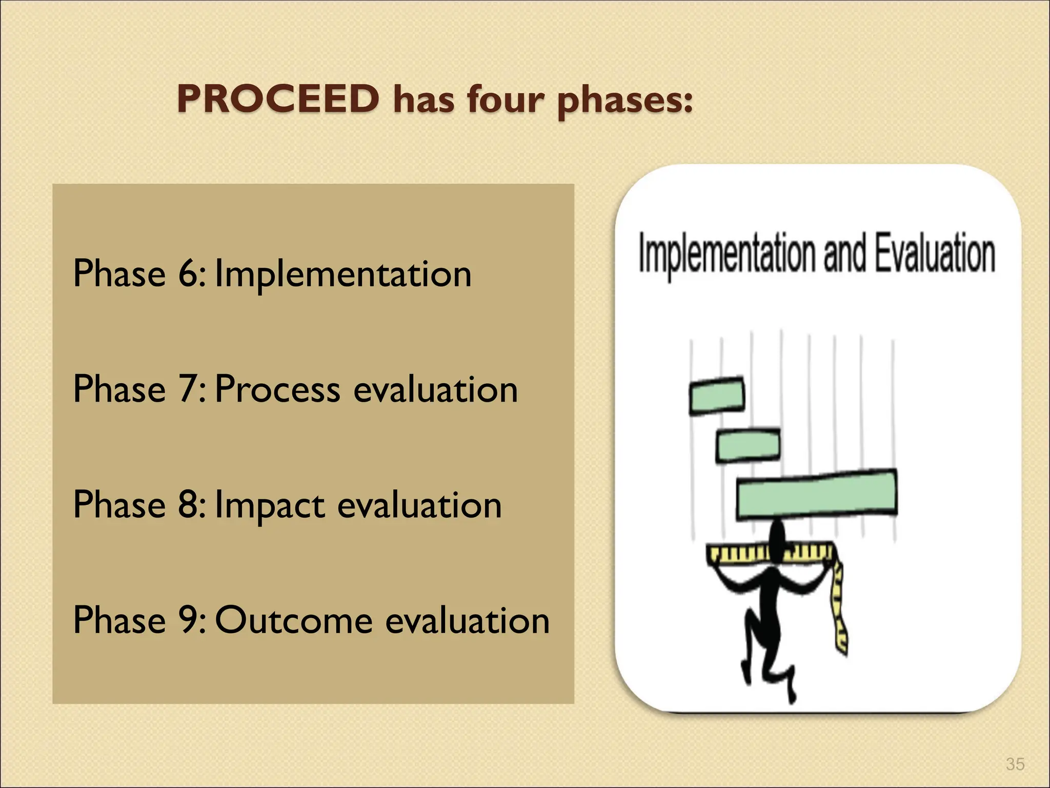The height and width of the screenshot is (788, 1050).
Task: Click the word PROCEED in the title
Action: point(278,98)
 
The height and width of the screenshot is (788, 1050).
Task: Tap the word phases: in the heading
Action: point(624,101)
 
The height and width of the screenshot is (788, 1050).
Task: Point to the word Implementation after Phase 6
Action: point(342,275)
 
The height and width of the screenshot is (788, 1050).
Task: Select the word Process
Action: point(277,389)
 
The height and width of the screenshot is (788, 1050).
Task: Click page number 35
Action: point(1015,764)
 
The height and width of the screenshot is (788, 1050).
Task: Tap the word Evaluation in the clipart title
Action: point(934,252)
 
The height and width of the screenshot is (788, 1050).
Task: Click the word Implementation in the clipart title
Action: point(727,254)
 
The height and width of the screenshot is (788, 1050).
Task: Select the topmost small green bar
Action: point(716,396)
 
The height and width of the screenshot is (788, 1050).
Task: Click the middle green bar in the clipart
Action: point(748,445)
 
